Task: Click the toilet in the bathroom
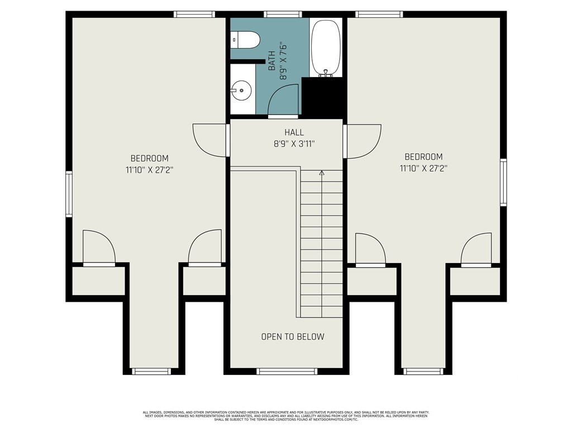tap(245, 40)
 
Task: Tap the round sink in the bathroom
tap(241, 90)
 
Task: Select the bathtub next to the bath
tap(326, 48)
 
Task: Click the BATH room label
tap(272, 61)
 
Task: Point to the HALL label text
tap(294, 132)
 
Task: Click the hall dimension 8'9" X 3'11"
tap(294, 144)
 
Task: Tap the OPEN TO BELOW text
tap(293, 336)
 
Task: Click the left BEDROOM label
tap(150, 158)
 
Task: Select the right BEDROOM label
tap(423, 157)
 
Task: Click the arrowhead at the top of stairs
tap(321, 173)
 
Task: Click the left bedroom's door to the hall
tap(211, 140)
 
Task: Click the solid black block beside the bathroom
tap(322, 97)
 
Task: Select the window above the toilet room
tap(283, 14)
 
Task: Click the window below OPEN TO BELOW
tap(287, 371)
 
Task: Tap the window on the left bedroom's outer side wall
tap(69, 194)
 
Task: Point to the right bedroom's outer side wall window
tap(503, 183)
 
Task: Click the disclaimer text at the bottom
tap(286, 416)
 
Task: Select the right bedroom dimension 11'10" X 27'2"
tap(423, 168)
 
